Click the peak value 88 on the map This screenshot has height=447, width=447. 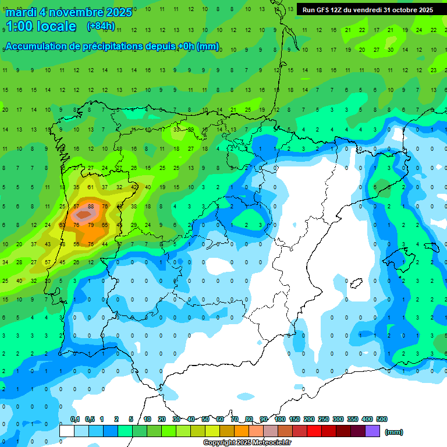click(91, 206)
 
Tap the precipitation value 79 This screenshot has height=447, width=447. click(91, 225)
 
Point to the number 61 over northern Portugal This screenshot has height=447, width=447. click(91, 187)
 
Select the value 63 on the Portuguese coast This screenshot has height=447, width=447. click(62, 225)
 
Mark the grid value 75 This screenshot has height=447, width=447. click(91, 244)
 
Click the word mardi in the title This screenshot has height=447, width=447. click(21, 12)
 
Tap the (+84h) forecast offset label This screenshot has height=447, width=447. click(101, 26)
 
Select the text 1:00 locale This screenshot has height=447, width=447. click(41, 26)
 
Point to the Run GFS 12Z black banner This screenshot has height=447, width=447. click(368, 10)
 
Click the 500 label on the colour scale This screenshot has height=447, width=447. click(382, 419)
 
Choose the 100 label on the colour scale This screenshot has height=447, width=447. click(279, 419)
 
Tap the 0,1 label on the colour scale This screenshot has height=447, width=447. click(75, 419)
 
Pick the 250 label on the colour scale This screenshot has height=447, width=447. click(324, 419)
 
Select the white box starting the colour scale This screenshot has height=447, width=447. click(67, 431)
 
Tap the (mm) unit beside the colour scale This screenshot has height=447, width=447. click(394, 432)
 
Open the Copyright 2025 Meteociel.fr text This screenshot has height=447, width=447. click(247, 443)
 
